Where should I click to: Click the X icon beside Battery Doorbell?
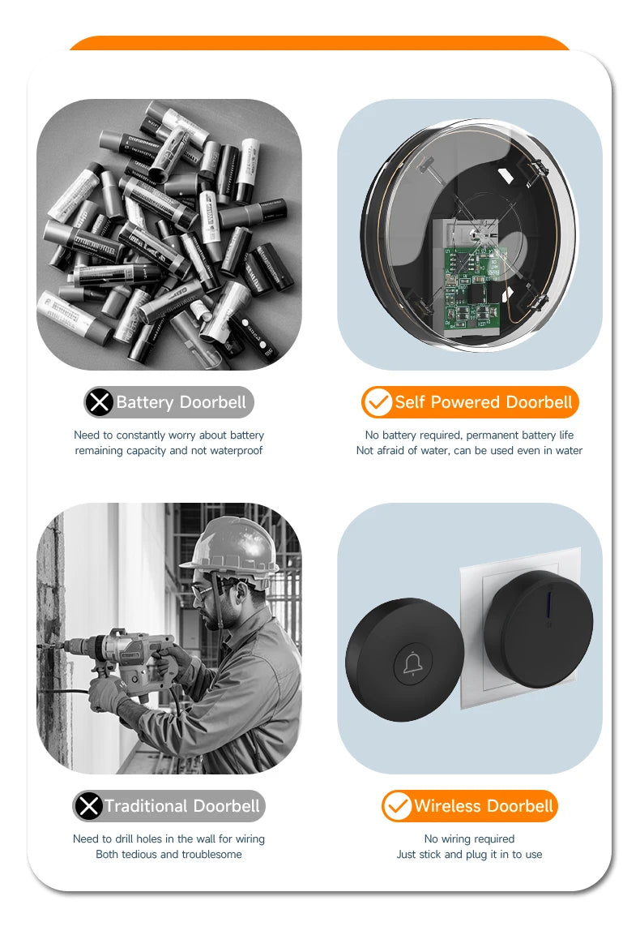pyautogui.click(x=100, y=402)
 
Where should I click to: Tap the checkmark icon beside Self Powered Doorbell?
pyautogui.click(x=377, y=402)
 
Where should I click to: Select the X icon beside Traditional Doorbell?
pyautogui.click(x=88, y=806)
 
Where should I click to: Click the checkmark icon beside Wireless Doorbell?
pyautogui.click(x=397, y=806)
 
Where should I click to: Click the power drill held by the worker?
pyautogui.click(x=130, y=652)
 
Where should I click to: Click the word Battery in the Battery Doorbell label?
pyautogui.click(x=145, y=402)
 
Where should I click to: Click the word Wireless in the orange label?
pyautogui.click(x=448, y=806)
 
